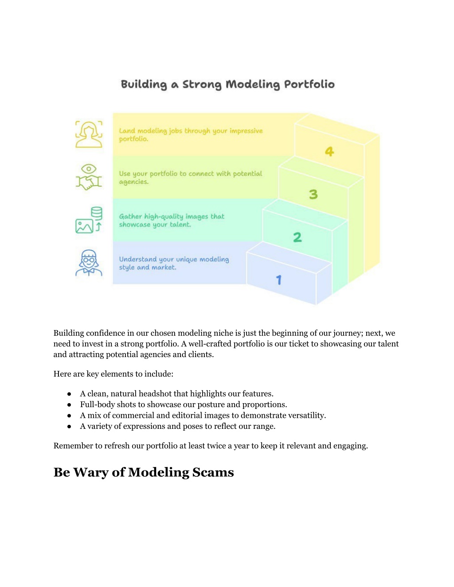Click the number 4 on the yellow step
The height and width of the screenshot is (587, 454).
[329, 151]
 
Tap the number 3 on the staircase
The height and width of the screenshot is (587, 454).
[313, 194]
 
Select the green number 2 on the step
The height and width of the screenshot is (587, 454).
[297, 237]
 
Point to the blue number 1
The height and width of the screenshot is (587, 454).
[279, 280]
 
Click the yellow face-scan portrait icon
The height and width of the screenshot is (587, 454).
[89, 134]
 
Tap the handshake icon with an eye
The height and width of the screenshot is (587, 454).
[89, 177]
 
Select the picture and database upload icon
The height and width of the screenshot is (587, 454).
[89, 220]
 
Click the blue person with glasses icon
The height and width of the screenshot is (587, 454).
[89, 263]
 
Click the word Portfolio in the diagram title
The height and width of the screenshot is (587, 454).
[309, 84]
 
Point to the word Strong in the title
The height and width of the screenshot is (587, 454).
[202, 85]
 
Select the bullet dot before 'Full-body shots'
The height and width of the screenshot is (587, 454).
[69, 404]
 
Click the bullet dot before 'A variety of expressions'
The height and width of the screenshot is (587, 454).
[69, 426]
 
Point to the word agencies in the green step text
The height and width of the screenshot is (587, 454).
[134, 182]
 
